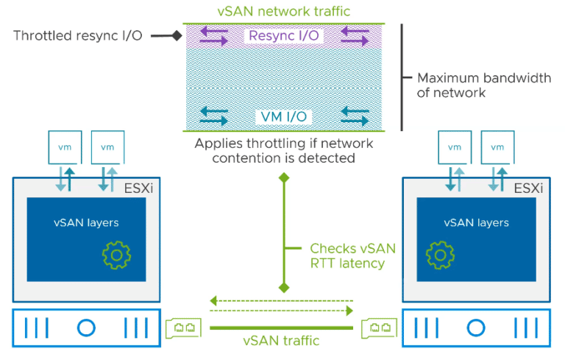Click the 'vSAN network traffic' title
(x=284, y=10)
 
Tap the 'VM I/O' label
(x=284, y=116)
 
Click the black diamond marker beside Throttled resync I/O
(x=177, y=35)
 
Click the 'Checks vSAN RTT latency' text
(x=347, y=255)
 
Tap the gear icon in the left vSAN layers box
(x=116, y=254)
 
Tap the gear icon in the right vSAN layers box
(x=440, y=254)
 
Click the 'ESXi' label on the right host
(x=528, y=188)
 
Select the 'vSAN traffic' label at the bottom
(x=282, y=341)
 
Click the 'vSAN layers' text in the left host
(x=86, y=222)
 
